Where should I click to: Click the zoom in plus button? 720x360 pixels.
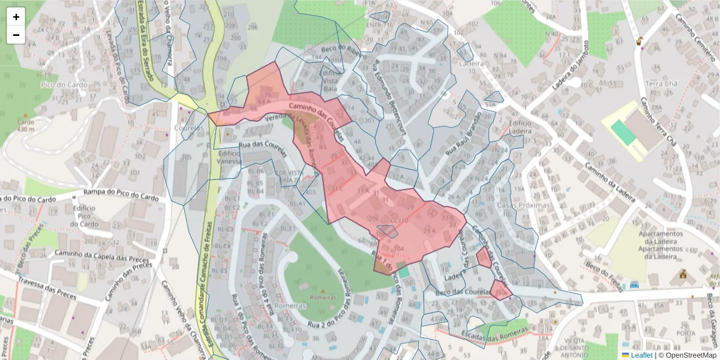coord(16,17)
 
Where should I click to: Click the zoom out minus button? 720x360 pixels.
coord(16,35)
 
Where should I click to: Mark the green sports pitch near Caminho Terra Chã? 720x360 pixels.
coord(623,132)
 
